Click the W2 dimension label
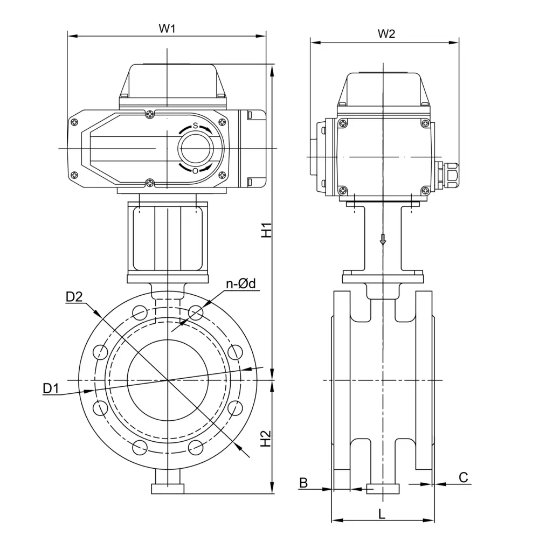(x=386, y=34)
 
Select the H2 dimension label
(x=266, y=439)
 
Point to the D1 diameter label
(x=51, y=388)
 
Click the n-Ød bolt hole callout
(x=240, y=284)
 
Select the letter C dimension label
(x=463, y=477)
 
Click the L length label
(x=382, y=513)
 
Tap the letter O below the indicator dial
(x=195, y=171)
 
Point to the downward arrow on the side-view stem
(x=383, y=239)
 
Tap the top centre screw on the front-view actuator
(x=149, y=114)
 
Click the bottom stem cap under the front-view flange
(x=168, y=489)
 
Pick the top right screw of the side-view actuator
(x=425, y=124)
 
